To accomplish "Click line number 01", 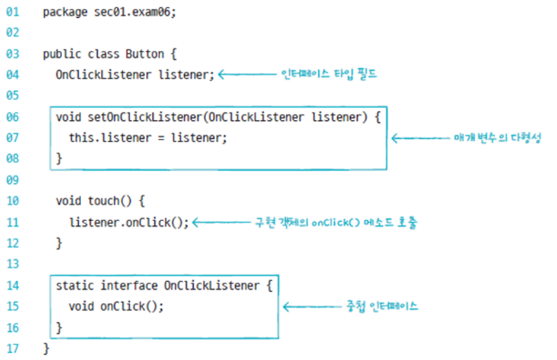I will click(x=12, y=12).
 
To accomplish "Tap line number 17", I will click(x=12, y=348).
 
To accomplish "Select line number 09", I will click(x=12, y=180).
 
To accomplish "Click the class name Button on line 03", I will click(x=145, y=54).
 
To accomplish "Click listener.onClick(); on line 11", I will click(x=129, y=222).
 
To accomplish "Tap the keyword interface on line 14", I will click(x=129, y=285).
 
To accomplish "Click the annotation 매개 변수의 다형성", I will click(x=493, y=138).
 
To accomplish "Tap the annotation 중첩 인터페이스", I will click(x=382, y=307).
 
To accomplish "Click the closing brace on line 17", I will click(x=46, y=348).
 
